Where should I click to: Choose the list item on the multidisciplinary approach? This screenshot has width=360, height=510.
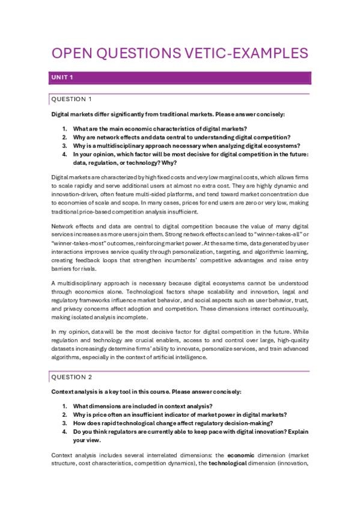[x=186, y=146]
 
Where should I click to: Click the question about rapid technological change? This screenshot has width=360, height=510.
[x=165, y=423]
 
